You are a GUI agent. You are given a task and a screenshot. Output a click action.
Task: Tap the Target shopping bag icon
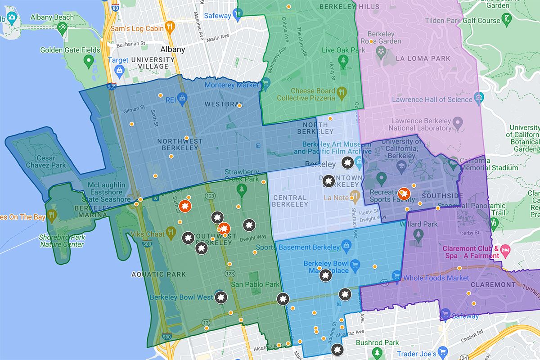coord(119,70)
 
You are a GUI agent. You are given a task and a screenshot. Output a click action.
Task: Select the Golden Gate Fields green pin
coord(89,59)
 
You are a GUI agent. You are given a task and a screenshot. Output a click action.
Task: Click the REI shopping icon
coord(182,97)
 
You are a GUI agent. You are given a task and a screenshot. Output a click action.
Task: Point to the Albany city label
coord(173,49)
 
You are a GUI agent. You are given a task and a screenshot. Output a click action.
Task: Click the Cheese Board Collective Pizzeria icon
coord(341,94)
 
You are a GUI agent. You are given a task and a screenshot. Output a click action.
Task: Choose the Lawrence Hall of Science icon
coord(478,97)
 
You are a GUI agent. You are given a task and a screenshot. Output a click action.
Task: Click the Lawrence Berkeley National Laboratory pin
coord(458,121)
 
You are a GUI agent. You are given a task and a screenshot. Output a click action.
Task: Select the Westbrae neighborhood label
coord(220,104)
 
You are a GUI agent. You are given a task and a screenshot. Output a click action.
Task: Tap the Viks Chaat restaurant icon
coord(170,233)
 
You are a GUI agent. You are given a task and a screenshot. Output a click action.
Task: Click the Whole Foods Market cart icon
coord(396,275)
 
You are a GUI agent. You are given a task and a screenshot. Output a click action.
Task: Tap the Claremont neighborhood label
coord(493,284)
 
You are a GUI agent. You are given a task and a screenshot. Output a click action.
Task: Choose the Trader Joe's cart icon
coord(443,351)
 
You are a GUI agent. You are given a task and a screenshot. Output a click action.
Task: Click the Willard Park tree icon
coord(419,234)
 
